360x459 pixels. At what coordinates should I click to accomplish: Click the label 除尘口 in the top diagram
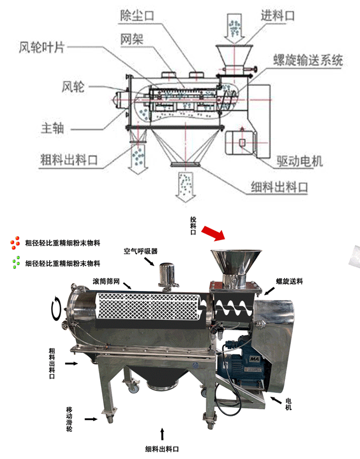click(136, 15)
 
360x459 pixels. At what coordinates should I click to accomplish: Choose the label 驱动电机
click(299, 161)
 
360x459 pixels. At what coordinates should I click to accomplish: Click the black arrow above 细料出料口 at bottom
click(162, 432)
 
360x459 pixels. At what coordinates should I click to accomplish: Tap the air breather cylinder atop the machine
click(165, 275)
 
